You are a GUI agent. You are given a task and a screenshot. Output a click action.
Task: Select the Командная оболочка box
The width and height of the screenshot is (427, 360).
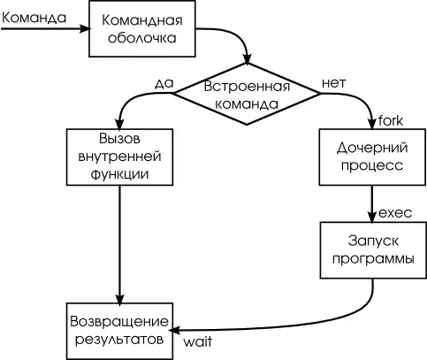pyautogui.click(x=139, y=30)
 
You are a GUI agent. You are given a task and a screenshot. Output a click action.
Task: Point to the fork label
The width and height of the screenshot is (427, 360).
pyautogui.click(x=391, y=119)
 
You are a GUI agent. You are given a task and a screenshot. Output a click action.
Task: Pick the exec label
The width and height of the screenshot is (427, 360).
pyautogui.click(x=394, y=213)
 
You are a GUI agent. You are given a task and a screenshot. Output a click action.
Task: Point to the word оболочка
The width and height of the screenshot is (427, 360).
pyautogui.click(x=139, y=39)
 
